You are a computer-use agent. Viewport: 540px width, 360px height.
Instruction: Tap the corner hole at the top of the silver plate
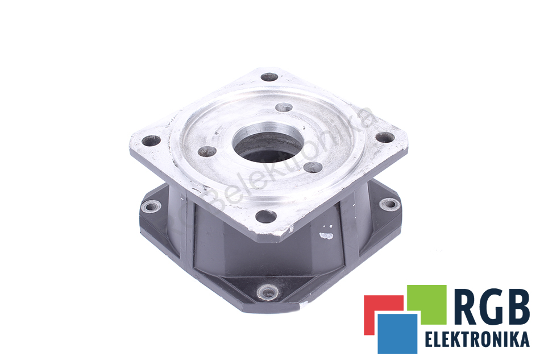(269, 77)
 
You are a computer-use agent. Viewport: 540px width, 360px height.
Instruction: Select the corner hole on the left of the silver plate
(151, 140)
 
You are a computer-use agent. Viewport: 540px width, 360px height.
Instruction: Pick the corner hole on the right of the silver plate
(385, 137)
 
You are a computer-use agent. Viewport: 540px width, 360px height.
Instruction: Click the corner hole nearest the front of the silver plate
(266, 216)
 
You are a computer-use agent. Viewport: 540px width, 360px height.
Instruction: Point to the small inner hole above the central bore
(284, 107)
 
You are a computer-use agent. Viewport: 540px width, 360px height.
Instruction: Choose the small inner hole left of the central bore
(207, 151)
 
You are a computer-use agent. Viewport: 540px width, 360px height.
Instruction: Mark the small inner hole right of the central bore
(313, 167)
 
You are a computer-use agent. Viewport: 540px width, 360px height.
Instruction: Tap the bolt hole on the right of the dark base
(390, 205)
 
